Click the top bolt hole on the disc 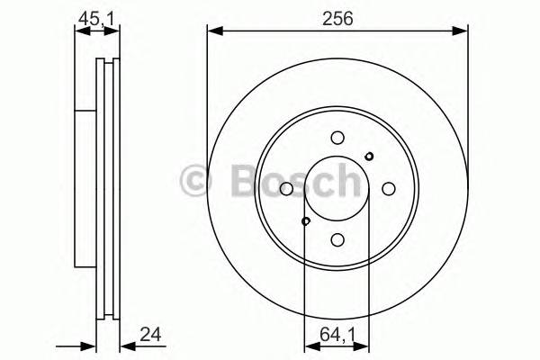point(337,138)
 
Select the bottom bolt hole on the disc point(337,239)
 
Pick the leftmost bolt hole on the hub point(286,188)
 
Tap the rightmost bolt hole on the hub point(389,188)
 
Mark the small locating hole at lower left point(306,221)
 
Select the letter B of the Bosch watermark point(230,182)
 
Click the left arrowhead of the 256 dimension point(212,31)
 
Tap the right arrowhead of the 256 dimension point(463,31)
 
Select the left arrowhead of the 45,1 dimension point(78,31)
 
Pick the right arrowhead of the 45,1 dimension point(115,31)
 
